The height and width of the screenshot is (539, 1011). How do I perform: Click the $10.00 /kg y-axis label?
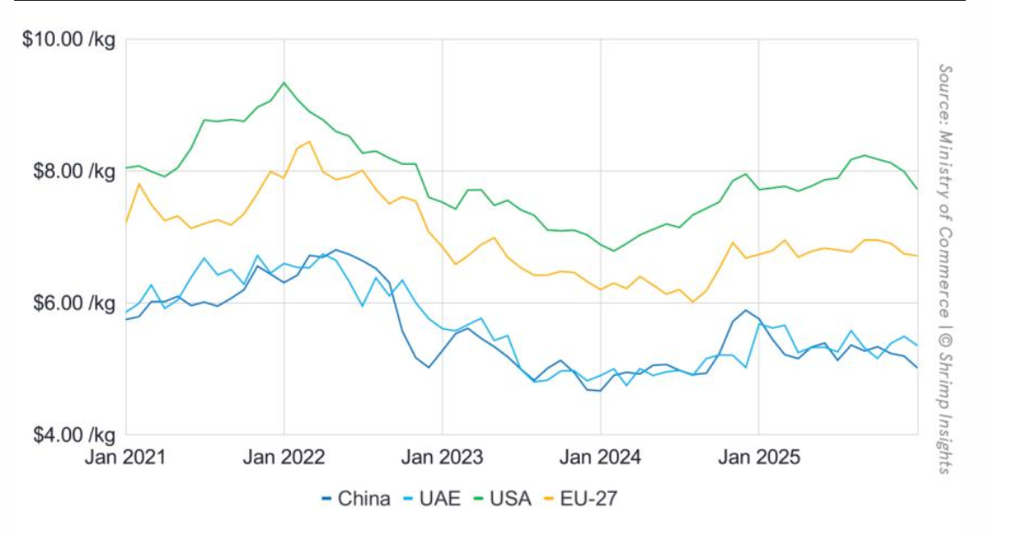65,40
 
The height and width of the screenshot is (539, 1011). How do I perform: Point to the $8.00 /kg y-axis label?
69,171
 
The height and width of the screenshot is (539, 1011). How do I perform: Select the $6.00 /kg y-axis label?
69,303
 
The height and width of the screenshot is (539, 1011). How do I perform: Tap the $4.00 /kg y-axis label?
69,435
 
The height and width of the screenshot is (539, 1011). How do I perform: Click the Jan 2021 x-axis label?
127,458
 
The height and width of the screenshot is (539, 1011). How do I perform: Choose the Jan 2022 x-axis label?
285,458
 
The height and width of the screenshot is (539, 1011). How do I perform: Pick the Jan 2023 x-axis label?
443,458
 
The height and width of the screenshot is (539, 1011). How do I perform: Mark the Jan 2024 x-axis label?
600,458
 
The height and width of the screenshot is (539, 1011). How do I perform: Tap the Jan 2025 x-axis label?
759,458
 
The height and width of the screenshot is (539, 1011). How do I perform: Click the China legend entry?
355,498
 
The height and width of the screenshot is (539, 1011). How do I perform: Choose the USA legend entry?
502,498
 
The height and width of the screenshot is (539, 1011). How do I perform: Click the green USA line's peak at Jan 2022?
284,82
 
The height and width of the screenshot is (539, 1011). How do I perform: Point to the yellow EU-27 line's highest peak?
309,142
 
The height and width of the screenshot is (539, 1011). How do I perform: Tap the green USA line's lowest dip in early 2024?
614,250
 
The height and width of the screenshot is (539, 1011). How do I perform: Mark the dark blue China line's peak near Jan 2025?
746,310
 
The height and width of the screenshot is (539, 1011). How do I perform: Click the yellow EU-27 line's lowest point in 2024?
693,301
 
